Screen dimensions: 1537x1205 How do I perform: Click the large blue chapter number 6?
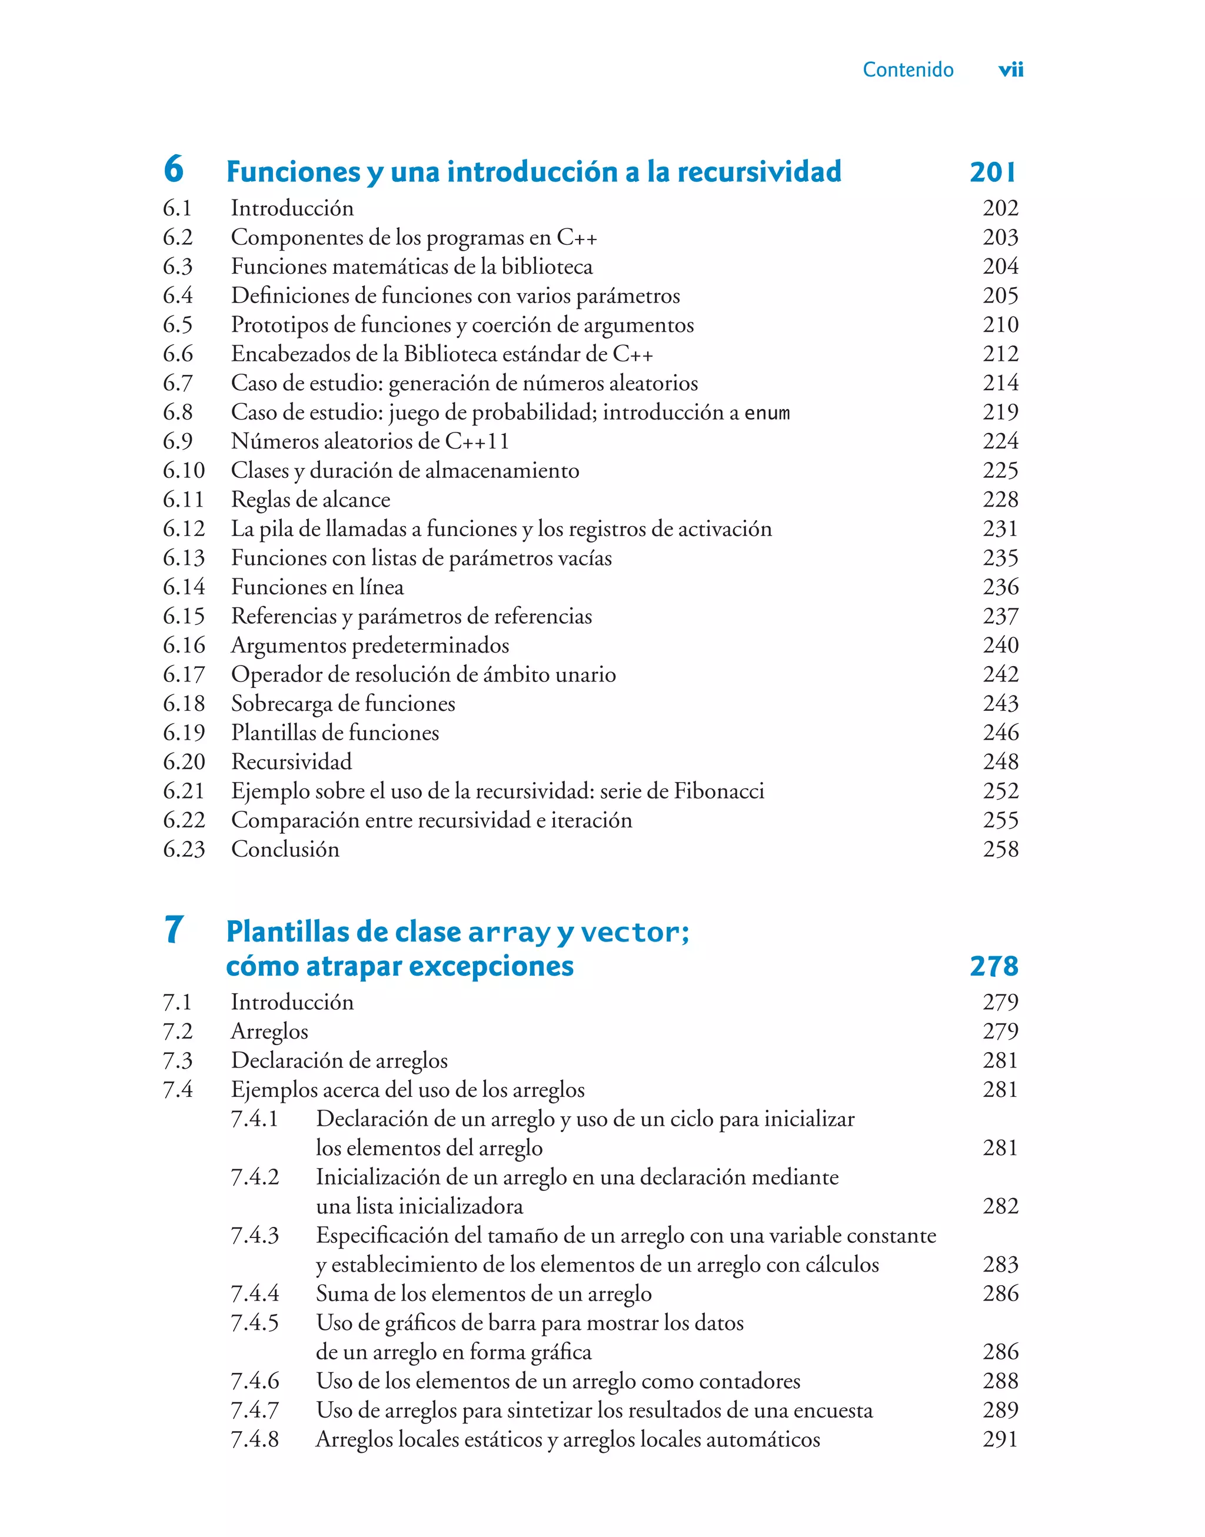[174, 169]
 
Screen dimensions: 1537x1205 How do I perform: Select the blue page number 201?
[993, 172]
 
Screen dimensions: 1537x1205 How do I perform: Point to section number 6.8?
[177, 412]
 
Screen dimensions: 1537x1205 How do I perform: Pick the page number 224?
[1000, 441]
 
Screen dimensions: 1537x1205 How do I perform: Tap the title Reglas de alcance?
[311, 500]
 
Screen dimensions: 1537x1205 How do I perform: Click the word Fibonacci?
[719, 791]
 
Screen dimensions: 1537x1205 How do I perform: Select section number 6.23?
[184, 849]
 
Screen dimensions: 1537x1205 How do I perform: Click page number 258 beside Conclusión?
[1000, 849]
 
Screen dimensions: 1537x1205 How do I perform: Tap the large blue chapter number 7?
[174, 929]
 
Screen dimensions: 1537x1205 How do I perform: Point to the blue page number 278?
[993, 966]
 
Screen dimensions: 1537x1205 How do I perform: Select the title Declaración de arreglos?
[339, 1060]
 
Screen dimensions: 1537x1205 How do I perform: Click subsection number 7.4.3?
[255, 1236]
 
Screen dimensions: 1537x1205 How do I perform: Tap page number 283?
[1000, 1265]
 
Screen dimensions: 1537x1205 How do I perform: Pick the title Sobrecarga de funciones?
[343, 703]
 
